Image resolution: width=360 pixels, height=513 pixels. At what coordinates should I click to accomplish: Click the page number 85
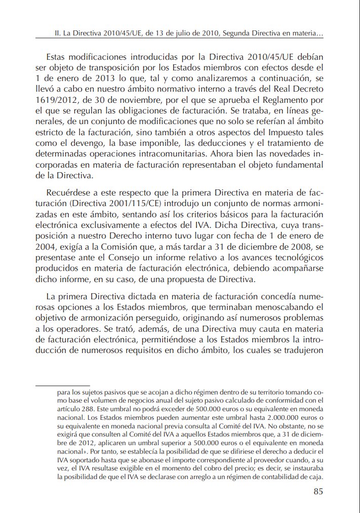click(318, 491)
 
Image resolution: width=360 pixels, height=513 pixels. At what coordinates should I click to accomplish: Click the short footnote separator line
click(62, 386)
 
